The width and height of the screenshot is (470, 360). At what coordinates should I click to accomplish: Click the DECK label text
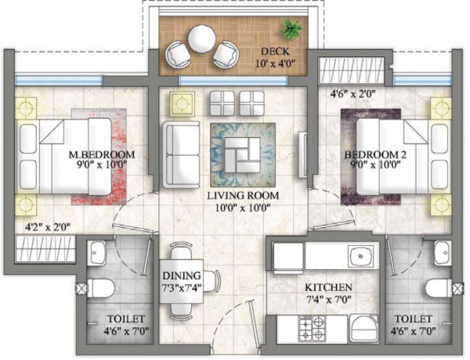(x=274, y=52)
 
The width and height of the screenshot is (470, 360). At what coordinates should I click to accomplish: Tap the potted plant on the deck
(x=293, y=30)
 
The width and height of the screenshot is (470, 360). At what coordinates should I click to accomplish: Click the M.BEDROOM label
(x=98, y=154)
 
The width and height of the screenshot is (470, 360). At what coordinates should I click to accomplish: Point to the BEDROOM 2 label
(x=375, y=155)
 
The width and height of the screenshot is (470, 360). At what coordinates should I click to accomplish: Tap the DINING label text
(x=182, y=275)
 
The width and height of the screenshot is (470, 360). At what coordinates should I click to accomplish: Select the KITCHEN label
(x=328, y=287)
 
